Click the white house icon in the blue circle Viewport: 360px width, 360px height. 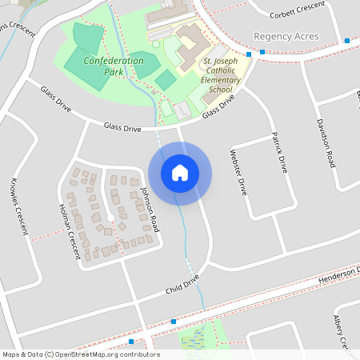180,173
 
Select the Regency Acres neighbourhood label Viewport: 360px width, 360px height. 286,37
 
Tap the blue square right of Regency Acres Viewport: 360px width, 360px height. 346,40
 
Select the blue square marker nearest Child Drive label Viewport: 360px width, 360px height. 173,321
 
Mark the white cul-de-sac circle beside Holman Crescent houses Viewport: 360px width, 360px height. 110,218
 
